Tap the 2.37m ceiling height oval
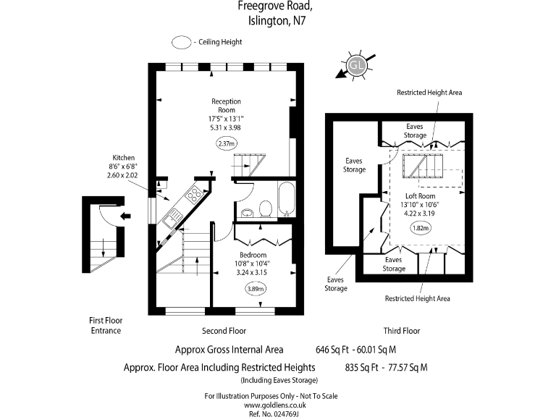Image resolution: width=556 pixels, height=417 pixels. pos(227,144)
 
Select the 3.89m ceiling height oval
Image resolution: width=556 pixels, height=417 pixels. pos(255,289)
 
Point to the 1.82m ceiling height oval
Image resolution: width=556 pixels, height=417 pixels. pos(420,228)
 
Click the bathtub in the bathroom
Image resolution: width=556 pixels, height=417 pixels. pos(286,199)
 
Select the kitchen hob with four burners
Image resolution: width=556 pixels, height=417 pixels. pos(193,193)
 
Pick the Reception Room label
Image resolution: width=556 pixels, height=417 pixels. pos(226,105)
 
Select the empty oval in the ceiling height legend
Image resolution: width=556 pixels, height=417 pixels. pos(181,42)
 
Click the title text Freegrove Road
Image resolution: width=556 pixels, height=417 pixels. pos(276,7)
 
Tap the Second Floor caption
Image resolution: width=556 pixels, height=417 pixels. pos(224,331)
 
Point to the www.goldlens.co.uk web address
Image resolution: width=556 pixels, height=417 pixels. pos(271,405)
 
